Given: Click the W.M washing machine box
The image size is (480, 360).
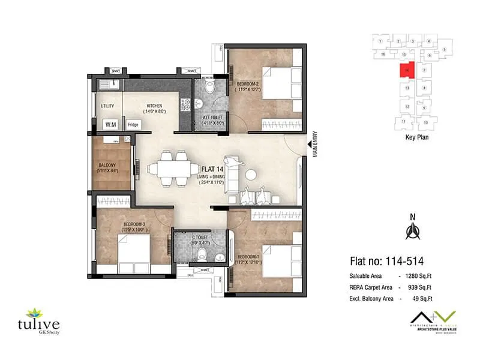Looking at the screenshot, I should point(110,125).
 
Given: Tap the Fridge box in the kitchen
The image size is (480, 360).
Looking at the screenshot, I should point(133,125).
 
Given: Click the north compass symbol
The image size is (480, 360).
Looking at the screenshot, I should point(412,229).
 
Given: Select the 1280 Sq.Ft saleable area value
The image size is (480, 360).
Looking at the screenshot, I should point(419,276).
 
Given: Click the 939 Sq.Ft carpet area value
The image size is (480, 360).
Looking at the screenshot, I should point(420,287).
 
